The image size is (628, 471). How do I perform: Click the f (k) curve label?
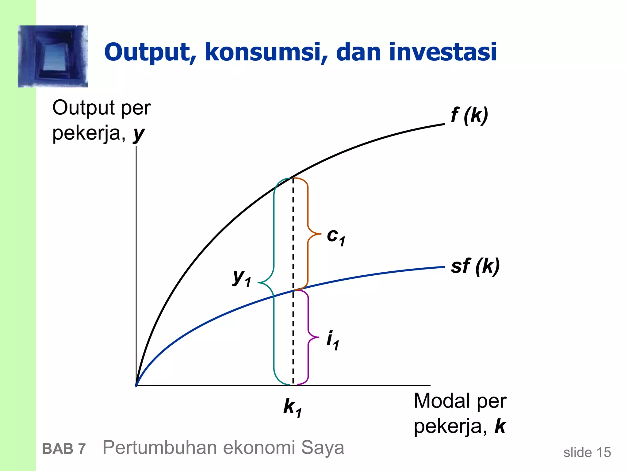coord(469,115)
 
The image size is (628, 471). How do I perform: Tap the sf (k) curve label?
coord(475,266)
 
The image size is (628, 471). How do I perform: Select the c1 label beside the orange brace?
coord(336,237)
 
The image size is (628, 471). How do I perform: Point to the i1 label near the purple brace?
coord(332,340)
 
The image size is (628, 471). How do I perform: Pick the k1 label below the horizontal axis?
coord(293,408)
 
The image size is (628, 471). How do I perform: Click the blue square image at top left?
coord(53,56)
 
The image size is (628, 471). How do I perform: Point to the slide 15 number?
coord(587,452)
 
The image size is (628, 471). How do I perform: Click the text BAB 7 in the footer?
coord(64,449)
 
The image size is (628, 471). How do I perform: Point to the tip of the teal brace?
coord(258,282)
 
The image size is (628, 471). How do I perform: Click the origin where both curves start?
coord(136,385)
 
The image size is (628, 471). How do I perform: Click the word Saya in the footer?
coord(323,448)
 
